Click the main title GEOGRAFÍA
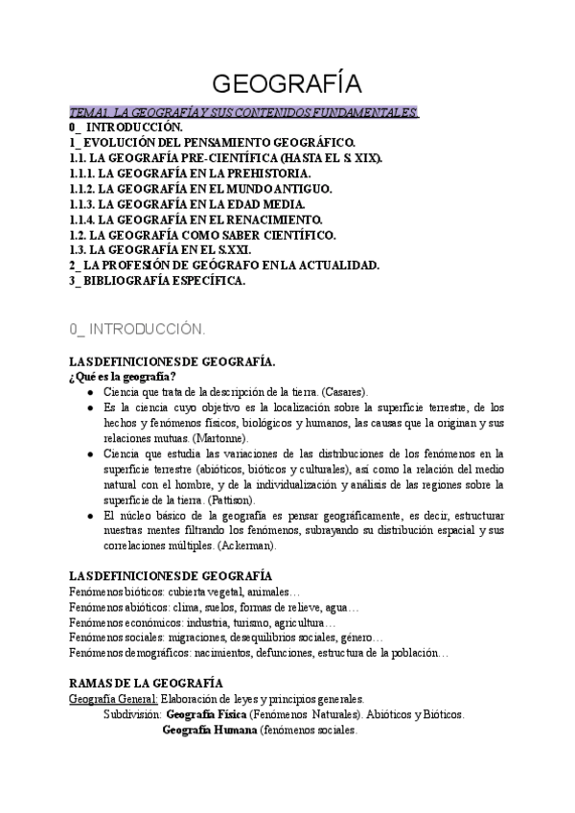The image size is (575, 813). click(287, 81)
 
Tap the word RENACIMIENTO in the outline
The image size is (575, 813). click(280, 220)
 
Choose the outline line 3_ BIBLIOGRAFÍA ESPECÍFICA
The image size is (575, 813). click(157, 281)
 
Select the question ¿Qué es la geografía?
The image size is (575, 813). click(123, 376)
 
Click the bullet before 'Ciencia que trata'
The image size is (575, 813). click(90, 392)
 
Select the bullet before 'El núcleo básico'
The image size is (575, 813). click(90, 515)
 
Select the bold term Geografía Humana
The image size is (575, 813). click(211, 730)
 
